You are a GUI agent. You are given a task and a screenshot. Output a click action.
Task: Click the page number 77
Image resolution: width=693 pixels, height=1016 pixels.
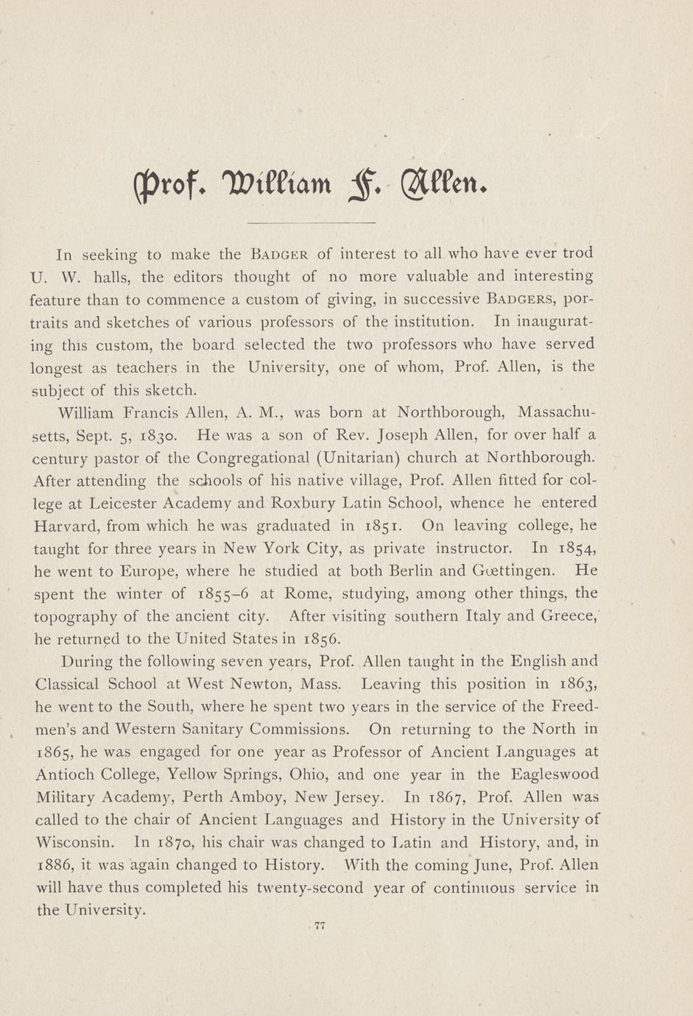point(320,926)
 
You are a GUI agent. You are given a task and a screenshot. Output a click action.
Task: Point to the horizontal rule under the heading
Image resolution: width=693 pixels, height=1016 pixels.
point(311,222)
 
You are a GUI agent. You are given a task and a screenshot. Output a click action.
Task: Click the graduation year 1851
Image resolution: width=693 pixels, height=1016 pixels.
point(381,526)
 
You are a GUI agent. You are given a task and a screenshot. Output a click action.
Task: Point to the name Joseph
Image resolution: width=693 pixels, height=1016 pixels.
point(412,435)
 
